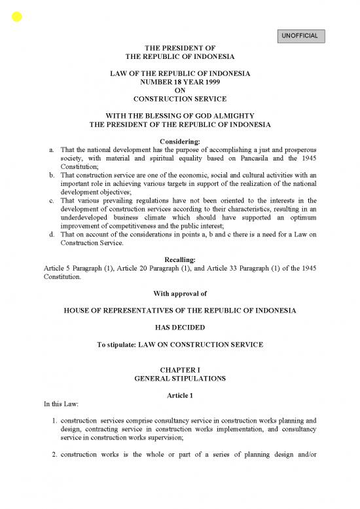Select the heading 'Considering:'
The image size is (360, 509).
pyautogui.click(x=179, y=141)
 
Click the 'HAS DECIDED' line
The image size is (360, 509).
pyautogui.click(x=179, y=326)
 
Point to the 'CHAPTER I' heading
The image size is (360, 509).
pyautogui.click(x=179, y=371)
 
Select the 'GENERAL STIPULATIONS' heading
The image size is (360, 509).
pyautogui.click(x=179, y=379)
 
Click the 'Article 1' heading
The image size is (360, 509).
pyautogui.click(x=179, y=397)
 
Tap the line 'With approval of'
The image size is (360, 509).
pyautogui.click(x=179, y=292)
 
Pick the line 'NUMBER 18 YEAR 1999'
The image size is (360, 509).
pyautogui.click(x=179, y=83)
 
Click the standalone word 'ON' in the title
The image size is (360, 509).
pyautogui.click(x=179, y=91)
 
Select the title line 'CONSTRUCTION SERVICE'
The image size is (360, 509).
pyautogui.click(x=179, y=100)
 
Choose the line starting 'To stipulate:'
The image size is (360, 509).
pyautogui.click(x=179, y=344)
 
